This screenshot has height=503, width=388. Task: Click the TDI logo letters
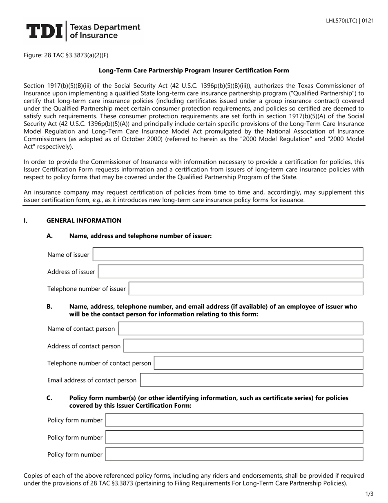point(45,31)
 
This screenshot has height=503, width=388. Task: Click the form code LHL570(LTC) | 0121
point(350,21)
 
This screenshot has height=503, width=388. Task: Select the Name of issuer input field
point(228,254)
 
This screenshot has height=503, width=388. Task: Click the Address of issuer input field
point(230,272)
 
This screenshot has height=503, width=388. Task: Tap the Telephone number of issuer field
point(246,289)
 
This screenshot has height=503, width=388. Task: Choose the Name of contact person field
point(241,329)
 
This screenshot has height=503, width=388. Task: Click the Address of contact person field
point(243,346)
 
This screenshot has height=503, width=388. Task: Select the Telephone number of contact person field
point(259,363)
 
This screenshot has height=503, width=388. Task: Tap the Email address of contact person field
point(251,380)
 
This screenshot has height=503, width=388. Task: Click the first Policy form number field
point(234,420)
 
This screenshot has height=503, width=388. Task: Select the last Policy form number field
point(234,454)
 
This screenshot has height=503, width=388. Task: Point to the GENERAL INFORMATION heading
point(84,220)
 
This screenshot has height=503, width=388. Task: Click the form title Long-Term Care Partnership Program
point(194,70)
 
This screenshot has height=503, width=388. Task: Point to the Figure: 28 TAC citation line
point(66,55)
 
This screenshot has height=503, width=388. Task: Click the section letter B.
point(49,306)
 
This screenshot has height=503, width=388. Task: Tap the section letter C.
point(49,397)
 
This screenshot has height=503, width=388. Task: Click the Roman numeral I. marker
point(26,220)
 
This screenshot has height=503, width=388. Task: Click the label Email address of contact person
point(92,380)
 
